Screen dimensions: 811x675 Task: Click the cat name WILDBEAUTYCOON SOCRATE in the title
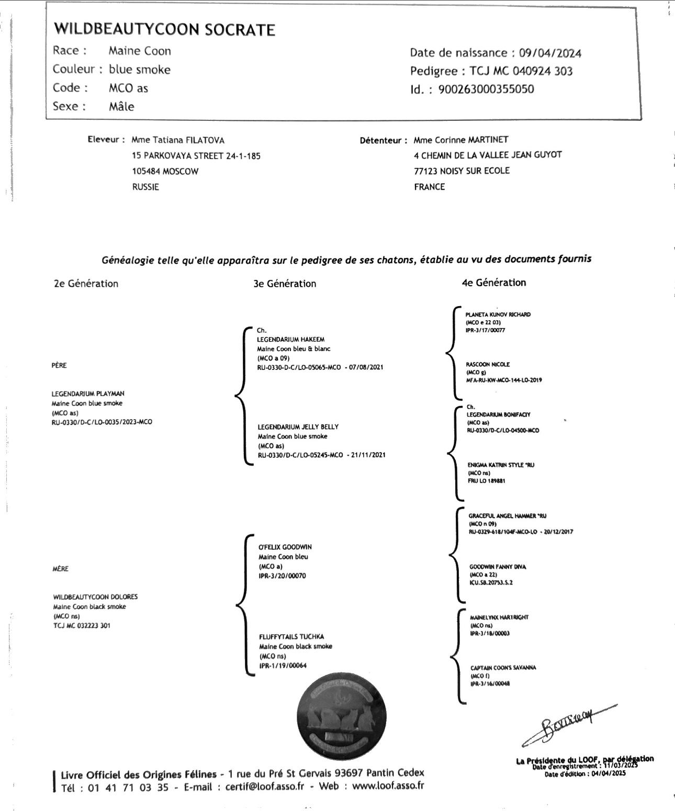165,29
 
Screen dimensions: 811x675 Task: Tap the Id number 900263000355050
486,89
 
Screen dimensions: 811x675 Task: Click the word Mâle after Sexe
121,107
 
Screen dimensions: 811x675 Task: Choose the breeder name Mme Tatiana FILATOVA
178,140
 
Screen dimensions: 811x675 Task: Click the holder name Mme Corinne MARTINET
460,140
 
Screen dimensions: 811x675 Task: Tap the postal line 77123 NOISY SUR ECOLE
462,171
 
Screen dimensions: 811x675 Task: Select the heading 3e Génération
285,284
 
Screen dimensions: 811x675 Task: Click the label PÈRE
59,365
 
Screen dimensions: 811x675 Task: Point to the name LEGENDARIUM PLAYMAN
88,393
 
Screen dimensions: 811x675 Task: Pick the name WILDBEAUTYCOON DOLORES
95,597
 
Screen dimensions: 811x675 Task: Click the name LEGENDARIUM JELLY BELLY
298,427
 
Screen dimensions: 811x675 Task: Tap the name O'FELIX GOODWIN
285,547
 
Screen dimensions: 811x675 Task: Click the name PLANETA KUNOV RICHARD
498,314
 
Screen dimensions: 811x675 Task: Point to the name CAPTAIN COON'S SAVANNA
503,668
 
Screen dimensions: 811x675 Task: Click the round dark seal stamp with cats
342,716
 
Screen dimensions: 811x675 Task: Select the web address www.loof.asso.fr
388,786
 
